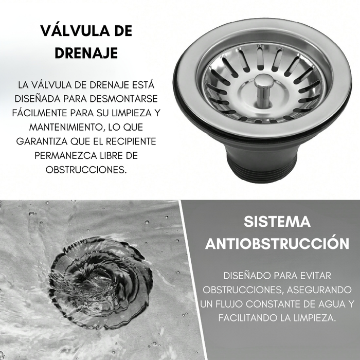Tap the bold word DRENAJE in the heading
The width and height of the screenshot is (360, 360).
pos(86,52)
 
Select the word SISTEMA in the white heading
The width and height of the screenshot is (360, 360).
pos(277,222)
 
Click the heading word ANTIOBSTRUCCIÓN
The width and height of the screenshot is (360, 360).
pos(277,243)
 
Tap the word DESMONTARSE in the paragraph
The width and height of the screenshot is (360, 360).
pos(123,99)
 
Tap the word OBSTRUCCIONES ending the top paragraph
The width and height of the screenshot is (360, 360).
pos(86,170)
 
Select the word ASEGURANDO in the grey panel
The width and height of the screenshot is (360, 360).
pos(319,290)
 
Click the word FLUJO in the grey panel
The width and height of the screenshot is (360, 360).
pos(229,304)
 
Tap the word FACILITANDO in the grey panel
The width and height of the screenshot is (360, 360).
pos(248,318)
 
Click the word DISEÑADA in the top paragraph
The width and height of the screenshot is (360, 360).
pos(38,99)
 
